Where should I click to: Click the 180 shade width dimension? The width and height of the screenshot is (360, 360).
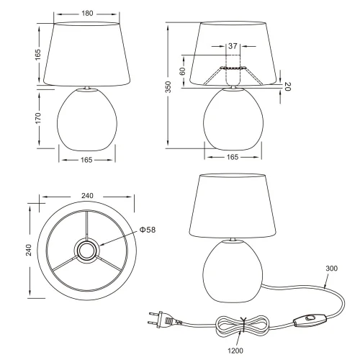pos(86,14)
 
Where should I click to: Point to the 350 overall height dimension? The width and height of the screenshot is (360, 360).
pos(168,88)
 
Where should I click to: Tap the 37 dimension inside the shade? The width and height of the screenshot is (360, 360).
pos(232,46)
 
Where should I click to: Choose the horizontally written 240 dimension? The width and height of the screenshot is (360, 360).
pos(86,194)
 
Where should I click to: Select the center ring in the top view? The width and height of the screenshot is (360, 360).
pos(86,251)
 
